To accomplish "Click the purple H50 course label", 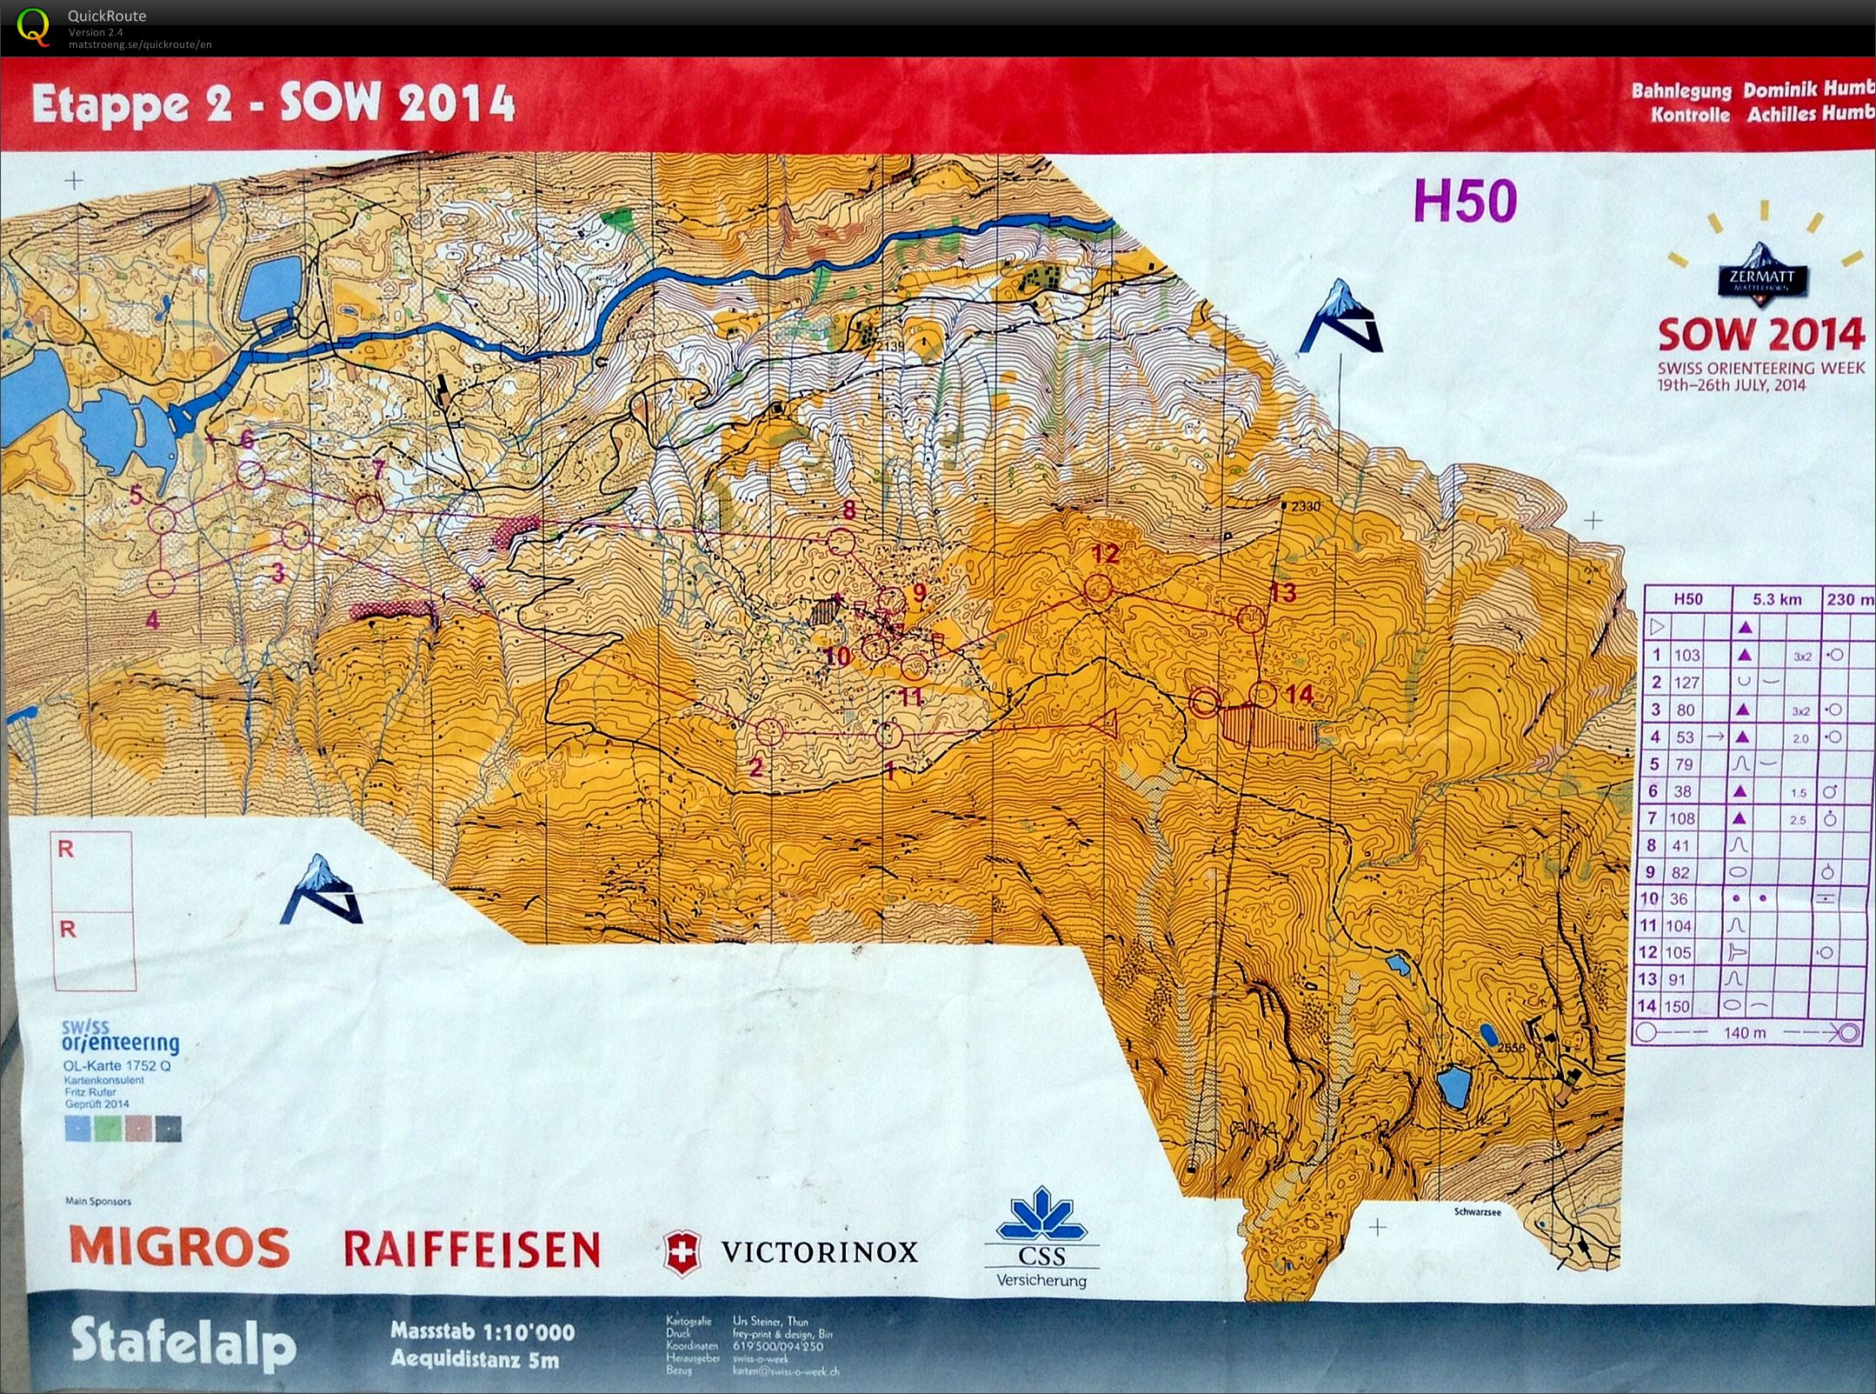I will (1466, 202).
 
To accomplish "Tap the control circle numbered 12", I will (1099, 589).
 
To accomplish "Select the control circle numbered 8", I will (840, 543).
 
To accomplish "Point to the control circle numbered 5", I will (162, 521).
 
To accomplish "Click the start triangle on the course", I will (1107, 724).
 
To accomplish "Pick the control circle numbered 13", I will (1250, 618).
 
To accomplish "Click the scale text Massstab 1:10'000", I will (482, 1331).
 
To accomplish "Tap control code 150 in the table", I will (1676, 1006).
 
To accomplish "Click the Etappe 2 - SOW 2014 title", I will (273, 105).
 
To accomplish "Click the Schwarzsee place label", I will (1476, 1211).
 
